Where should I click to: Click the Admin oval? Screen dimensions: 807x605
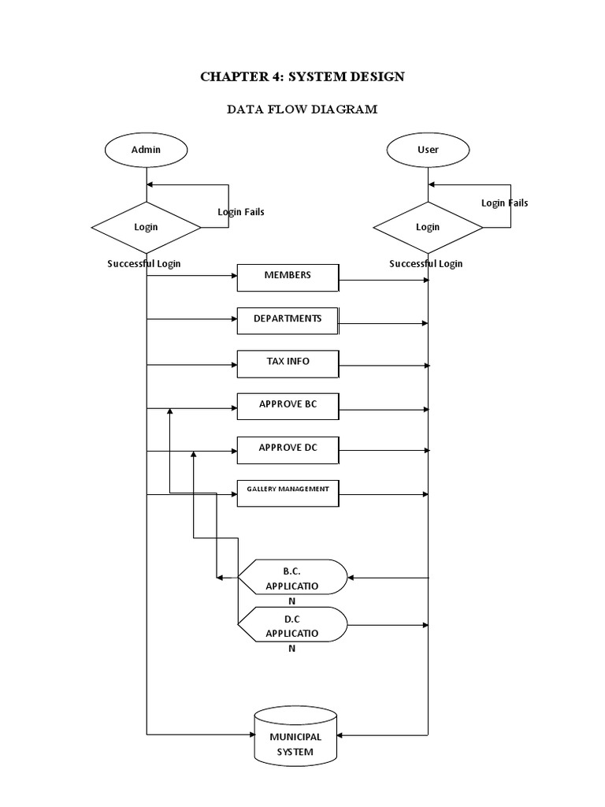[146, 149]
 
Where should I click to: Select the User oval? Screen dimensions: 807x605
[428, 149]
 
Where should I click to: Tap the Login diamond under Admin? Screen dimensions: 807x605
[146, 227]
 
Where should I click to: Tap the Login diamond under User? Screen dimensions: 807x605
[428, 227]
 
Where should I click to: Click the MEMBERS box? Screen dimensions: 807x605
[288, 276]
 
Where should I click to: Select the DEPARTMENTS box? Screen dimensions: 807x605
[288, 319]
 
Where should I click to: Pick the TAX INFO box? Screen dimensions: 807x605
[288, 362]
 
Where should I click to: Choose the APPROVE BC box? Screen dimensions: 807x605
[288, 405]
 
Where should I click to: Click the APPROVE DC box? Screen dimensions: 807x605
[288, 448]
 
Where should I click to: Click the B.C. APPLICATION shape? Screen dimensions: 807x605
[292, 577]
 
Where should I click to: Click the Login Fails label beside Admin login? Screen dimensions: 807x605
[241, 212]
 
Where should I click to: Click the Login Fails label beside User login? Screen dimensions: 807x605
[505, 203]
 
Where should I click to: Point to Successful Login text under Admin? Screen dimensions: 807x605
[144, 264]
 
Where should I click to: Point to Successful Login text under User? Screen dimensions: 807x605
[426, 264]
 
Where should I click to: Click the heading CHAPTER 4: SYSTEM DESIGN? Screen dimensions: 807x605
[302, 76]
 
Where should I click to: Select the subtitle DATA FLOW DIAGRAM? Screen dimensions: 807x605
[302, 110]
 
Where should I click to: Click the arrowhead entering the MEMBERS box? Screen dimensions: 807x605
[234, 276]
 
